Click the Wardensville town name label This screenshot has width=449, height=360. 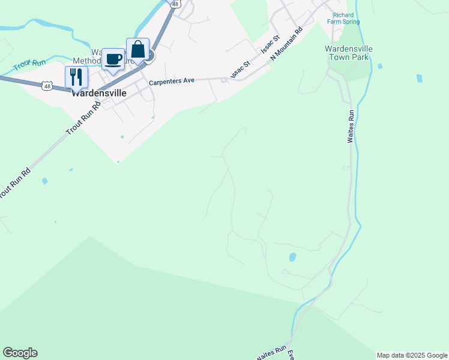coord(98,94)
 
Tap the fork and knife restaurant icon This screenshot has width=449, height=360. coord(76,76)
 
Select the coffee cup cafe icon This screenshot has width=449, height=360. coord(113,59)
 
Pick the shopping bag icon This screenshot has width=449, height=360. coord(137,49)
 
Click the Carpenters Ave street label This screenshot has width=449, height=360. coord(172,80)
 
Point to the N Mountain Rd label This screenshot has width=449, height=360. coord(286,43)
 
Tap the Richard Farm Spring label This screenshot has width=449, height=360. coord(343,18)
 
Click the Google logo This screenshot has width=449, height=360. coord(20,353)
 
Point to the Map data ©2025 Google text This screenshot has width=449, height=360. coord(412,355)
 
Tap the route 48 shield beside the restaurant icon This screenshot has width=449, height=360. coord(46,86)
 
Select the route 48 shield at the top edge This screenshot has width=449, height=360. coord(175,4)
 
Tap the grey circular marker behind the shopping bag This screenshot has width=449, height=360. coord(149,56)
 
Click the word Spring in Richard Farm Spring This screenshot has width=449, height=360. coord(351,22)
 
